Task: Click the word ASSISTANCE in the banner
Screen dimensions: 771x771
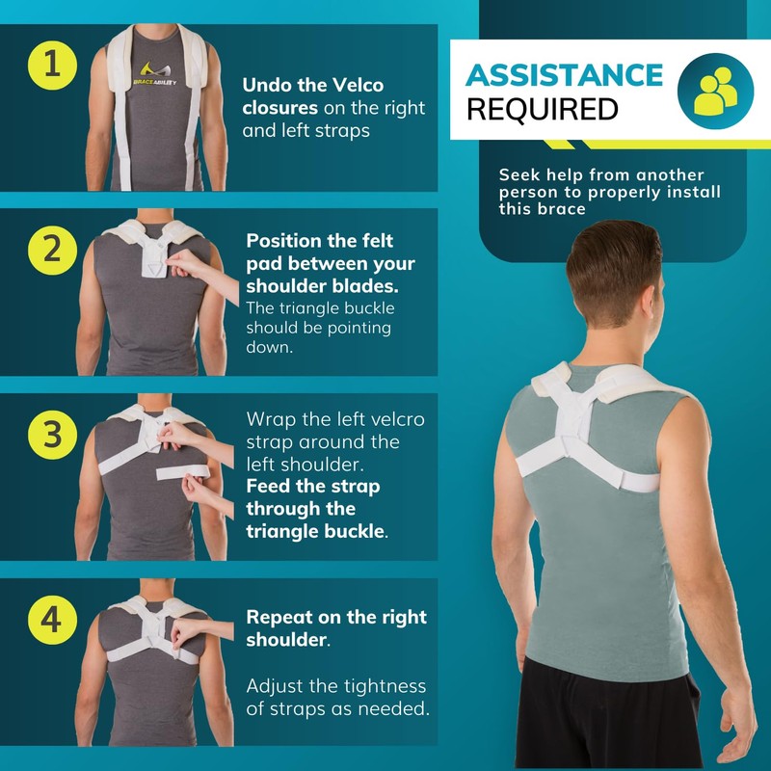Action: (565, 76)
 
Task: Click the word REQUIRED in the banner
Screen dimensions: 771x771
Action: (542, 110)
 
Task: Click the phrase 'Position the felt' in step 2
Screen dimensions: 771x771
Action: (320, 241)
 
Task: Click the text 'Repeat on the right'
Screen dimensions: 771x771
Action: (336, 617)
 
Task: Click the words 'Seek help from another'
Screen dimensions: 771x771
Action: (601, 175)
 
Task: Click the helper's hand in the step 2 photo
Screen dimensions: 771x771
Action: (189, 263)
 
